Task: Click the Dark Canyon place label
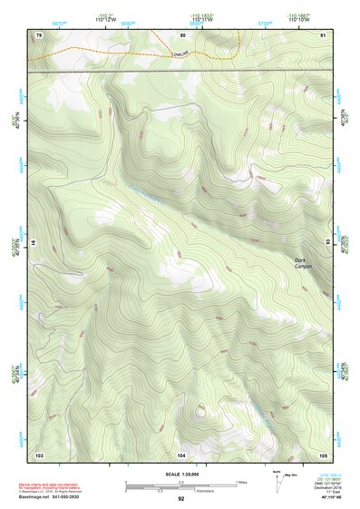[305, 264]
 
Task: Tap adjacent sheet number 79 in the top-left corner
[39, 34]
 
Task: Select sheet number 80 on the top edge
[182, 34]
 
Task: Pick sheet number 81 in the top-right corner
[324, 34]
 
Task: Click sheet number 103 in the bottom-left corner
[39, 454]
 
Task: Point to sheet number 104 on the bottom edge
[181, 454]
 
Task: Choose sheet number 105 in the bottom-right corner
[323, 454]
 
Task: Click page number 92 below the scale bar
[181, 498]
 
